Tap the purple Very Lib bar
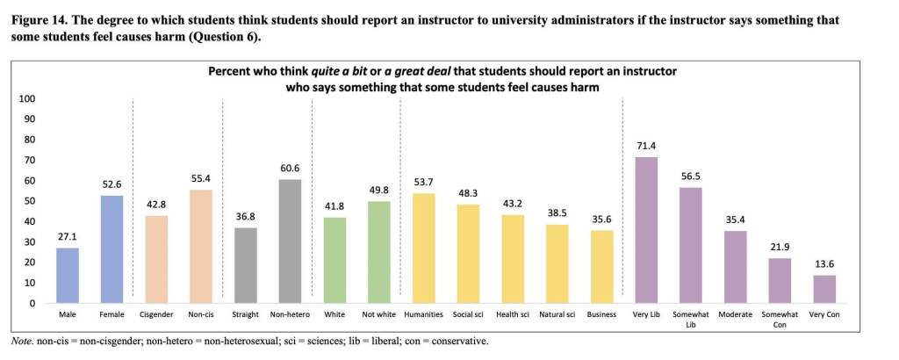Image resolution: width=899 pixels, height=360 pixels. pos(645,230)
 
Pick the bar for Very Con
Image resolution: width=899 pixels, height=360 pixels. pos(824,290)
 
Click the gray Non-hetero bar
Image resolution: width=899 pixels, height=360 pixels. pos(291,241)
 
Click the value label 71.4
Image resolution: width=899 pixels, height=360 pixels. pos(645,147)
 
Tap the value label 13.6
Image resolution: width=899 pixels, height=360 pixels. pos(824,266)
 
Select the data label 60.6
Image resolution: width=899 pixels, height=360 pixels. pos(291,169)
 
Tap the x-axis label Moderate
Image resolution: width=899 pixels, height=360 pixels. pos(735,314)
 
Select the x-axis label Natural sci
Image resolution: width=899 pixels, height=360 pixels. pos(556,314)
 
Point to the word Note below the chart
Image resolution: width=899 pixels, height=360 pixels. pos(20,341)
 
